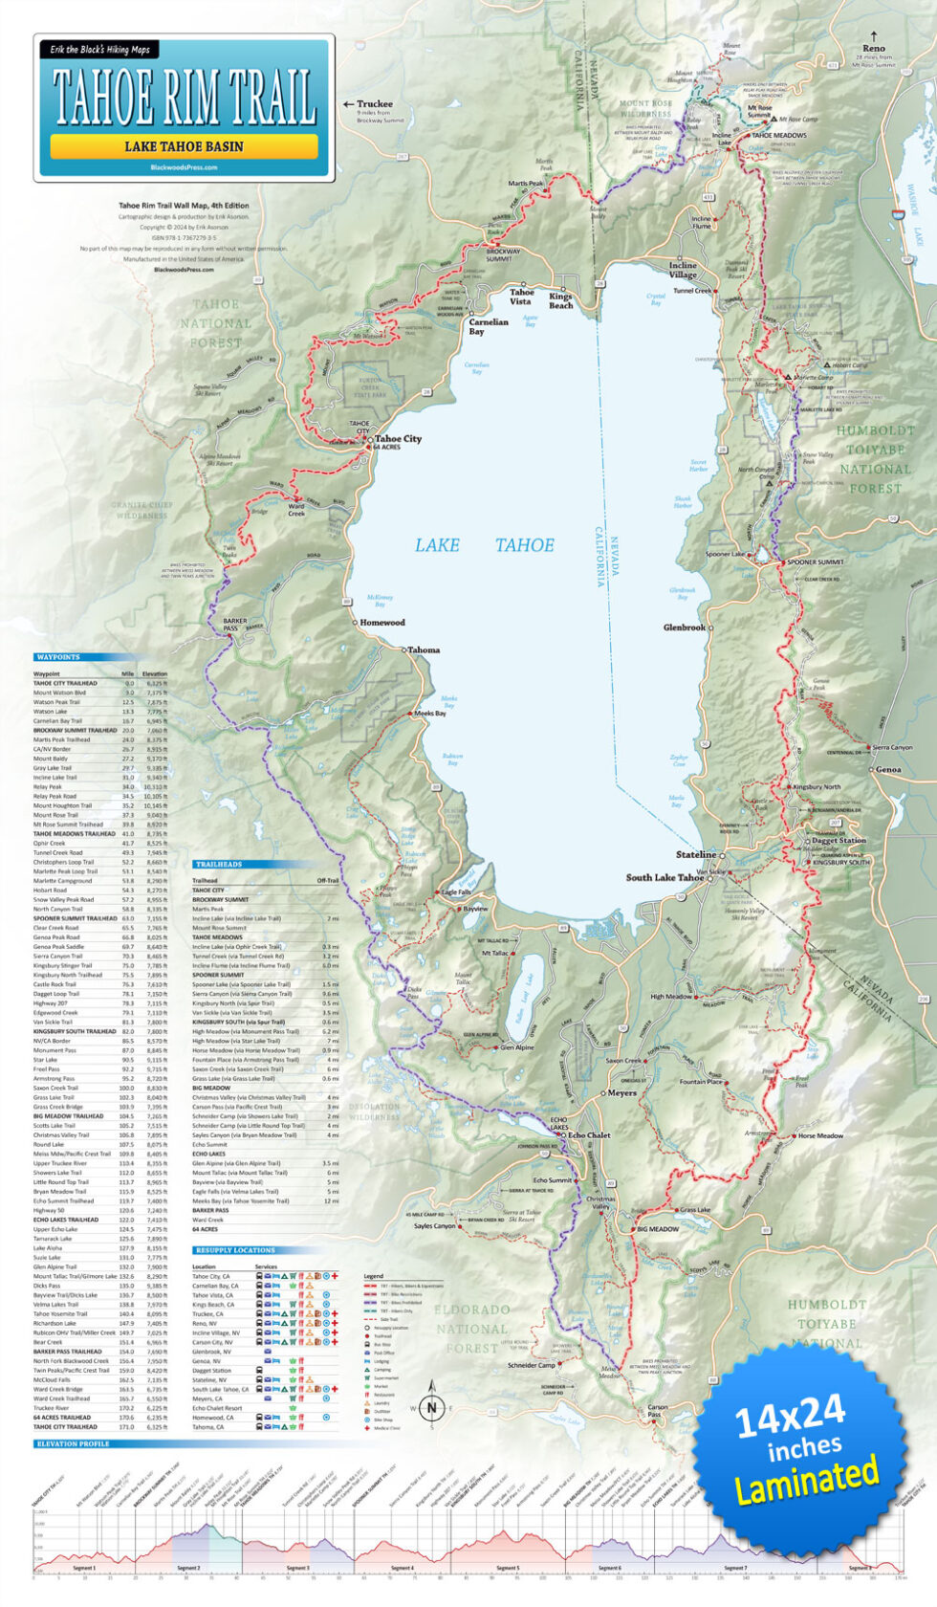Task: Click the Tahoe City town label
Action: click(x=398, y=439)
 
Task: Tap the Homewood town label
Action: click(x=382, y=623)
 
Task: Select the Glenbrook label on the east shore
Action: click(x=685, y=627)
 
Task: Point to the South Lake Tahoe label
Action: click(x=665, y=877)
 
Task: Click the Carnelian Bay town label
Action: click(x=488, y=326)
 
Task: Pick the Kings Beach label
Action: click(x=561, y=301)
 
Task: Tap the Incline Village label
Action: click(x=683, y=270)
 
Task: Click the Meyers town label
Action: click(x=621, y=1092)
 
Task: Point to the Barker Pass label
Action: click(x=235, y=625)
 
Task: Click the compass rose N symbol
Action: click(x=431, y=1407)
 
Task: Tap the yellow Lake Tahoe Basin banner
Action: click(x=184, y=146)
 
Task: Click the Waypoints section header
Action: click(x=58, y=657)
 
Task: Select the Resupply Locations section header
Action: click(x=234, y=1250)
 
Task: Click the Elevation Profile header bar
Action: click(x=72, y=1443)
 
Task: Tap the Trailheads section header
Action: click(x=218, y=864)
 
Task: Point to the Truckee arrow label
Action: click(x=374, y=103)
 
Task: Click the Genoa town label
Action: click(x=887, y=769)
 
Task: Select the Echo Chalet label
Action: click(x=589, y=1135)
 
